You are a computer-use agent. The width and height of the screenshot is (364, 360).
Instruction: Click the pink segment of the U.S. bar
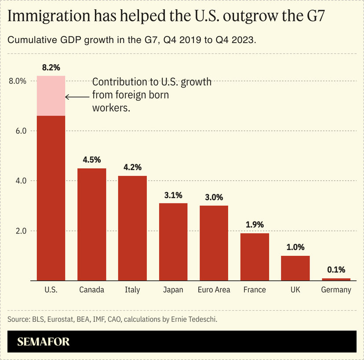pos(51,96)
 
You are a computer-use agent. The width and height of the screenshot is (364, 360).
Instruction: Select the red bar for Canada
pos(91,224)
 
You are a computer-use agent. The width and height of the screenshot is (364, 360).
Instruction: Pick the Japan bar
pos(173,242)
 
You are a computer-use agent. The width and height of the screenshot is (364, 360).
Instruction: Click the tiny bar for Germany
pos(336,279)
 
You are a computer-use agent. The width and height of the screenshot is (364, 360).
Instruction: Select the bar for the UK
pos(295,268)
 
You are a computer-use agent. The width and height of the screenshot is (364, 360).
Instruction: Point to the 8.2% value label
pos(51,68)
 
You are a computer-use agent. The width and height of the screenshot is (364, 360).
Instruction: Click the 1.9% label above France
pos(255,225)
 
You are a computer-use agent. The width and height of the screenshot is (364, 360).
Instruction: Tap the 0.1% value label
pos(336,270)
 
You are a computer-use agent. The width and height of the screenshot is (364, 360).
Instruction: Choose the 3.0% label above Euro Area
pos(214,197)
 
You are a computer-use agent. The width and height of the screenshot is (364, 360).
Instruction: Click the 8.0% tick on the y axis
pos(18,81)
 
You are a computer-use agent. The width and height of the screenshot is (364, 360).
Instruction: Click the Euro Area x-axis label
pos(214,290)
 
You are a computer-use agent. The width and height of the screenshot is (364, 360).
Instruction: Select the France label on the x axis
pos(255,290)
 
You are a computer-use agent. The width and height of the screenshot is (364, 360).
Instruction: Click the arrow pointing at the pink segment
pos(77,97)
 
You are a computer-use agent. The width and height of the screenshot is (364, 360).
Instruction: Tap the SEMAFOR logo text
pos(44,342)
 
